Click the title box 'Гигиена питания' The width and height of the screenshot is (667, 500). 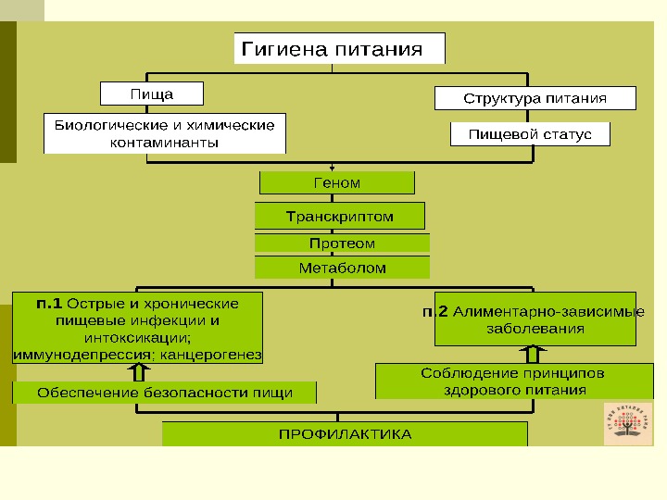pyautogui.click(x=339, y=49)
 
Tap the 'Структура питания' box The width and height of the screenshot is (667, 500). pyautogui.click(x=535, y=98)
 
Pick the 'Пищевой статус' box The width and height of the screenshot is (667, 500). pyautogui.click(x=530, y=134)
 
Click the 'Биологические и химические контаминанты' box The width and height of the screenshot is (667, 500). pyautogui.click(x=165, y=133)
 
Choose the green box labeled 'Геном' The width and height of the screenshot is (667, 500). pyautogui.click(x=337, y=183)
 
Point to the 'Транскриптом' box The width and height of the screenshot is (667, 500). pyautogui.click(x=339, y=217)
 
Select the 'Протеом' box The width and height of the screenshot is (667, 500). pyautogui.click(x=342, y=244)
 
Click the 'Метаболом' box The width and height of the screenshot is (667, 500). pyautogui.click(x=342, y=268)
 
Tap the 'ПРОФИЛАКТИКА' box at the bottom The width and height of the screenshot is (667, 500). pyautogui.click(x=345, y=433)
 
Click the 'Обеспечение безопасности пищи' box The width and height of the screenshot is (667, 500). pyautogui.click(x=164, y=393)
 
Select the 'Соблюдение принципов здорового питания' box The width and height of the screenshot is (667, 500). pyautogui.click(x=512, y=381)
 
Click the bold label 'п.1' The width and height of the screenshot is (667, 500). pyautogui.click(x=49, y=304)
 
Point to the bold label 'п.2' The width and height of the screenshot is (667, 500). pyautogui.click(x=434, y=312)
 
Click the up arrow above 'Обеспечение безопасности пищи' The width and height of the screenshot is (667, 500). pyautogui.click(x=139, y=372)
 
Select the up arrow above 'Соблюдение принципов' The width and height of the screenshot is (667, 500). pyautogui.click(x=534, y=354)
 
